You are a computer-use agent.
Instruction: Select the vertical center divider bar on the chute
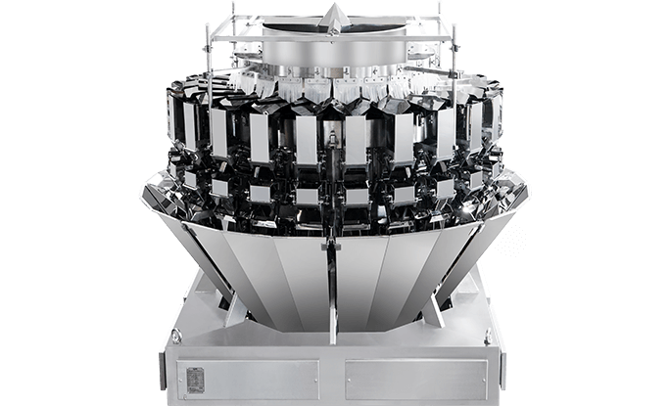[x=334, y=293]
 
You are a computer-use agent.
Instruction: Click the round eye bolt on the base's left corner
[x=176, y=335]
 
